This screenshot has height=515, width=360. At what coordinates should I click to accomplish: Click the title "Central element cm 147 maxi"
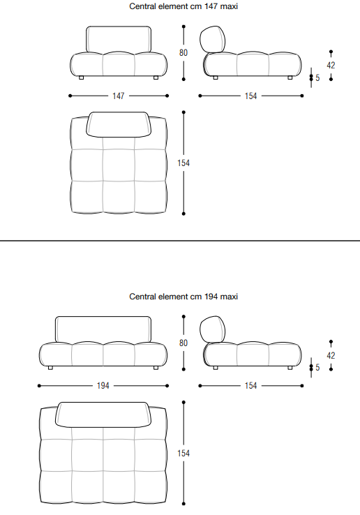click(x=183, y=6)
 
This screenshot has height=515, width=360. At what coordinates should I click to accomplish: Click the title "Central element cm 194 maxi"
click(x=183, y=297)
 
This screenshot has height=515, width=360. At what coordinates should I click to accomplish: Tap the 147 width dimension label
click(x=119, y=96)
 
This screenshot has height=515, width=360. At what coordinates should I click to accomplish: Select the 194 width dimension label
click(x=103, y=386)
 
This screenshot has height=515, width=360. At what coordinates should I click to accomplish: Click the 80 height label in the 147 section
click(x=183, y=52)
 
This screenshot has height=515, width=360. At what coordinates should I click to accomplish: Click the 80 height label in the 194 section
click(x=183, y=343)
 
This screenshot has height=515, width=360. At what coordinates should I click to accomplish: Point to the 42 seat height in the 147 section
click(x=331, y=66)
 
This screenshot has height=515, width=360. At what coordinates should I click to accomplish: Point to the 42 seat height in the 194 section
click(x=331, y=355)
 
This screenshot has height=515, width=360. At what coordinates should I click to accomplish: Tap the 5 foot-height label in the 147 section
click(x=317, y=78)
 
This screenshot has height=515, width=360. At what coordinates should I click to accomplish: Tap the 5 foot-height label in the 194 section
click(x=317, y=367)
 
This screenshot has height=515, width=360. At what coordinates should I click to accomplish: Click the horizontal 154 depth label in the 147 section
click(x=251, y=96)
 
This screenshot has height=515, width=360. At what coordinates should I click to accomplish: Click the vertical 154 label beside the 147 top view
click(x=183, y=163)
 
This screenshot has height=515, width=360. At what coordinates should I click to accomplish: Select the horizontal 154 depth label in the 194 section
click(x=251, y=386)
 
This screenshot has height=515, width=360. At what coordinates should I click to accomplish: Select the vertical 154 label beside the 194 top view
click(x=183, y=454)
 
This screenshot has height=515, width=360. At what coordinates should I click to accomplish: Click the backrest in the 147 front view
click(x=119, y=39)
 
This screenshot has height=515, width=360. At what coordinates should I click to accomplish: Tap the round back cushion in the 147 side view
click(x=213, y=39)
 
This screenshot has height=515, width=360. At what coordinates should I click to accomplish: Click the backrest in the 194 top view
click(x=103, y=415)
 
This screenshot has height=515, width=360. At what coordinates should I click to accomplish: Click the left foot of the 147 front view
click(x=82, y=78)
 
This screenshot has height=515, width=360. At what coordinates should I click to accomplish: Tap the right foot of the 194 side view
click(x=290, y=368)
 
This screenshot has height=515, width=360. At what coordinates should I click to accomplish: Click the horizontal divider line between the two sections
click(x=180, y=241)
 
